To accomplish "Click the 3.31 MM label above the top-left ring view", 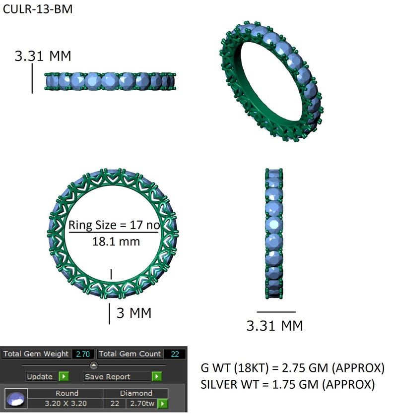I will coord(43,56).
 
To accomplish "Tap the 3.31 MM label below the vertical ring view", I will coord(274,326).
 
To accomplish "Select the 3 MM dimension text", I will coord(133,313).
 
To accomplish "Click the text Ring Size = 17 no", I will coord(114,226).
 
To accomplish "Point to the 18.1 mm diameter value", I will coord(116,242).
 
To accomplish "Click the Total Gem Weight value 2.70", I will coord(83,354).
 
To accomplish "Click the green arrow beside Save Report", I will coord(157,376).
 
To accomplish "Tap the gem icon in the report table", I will coord(16,399).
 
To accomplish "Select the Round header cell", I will coord(66,393).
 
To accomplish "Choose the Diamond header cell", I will coord(135,393).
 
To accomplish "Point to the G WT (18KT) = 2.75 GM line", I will coord(292,368).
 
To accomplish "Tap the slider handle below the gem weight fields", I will coord(94,365).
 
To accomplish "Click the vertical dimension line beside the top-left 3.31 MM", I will coord(32,78).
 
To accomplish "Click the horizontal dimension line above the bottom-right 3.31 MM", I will coord(276,312).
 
